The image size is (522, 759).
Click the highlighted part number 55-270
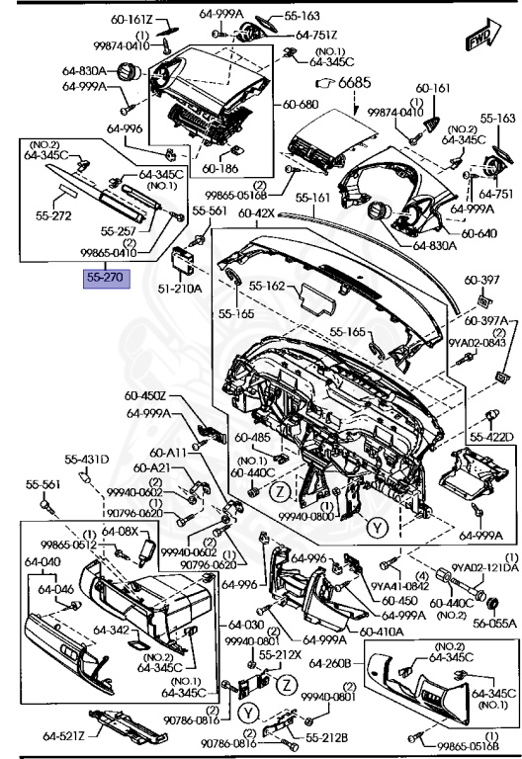104,278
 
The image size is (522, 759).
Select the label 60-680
302,104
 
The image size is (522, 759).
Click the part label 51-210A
181,289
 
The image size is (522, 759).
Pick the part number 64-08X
124,531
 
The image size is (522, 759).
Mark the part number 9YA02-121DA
485,566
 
